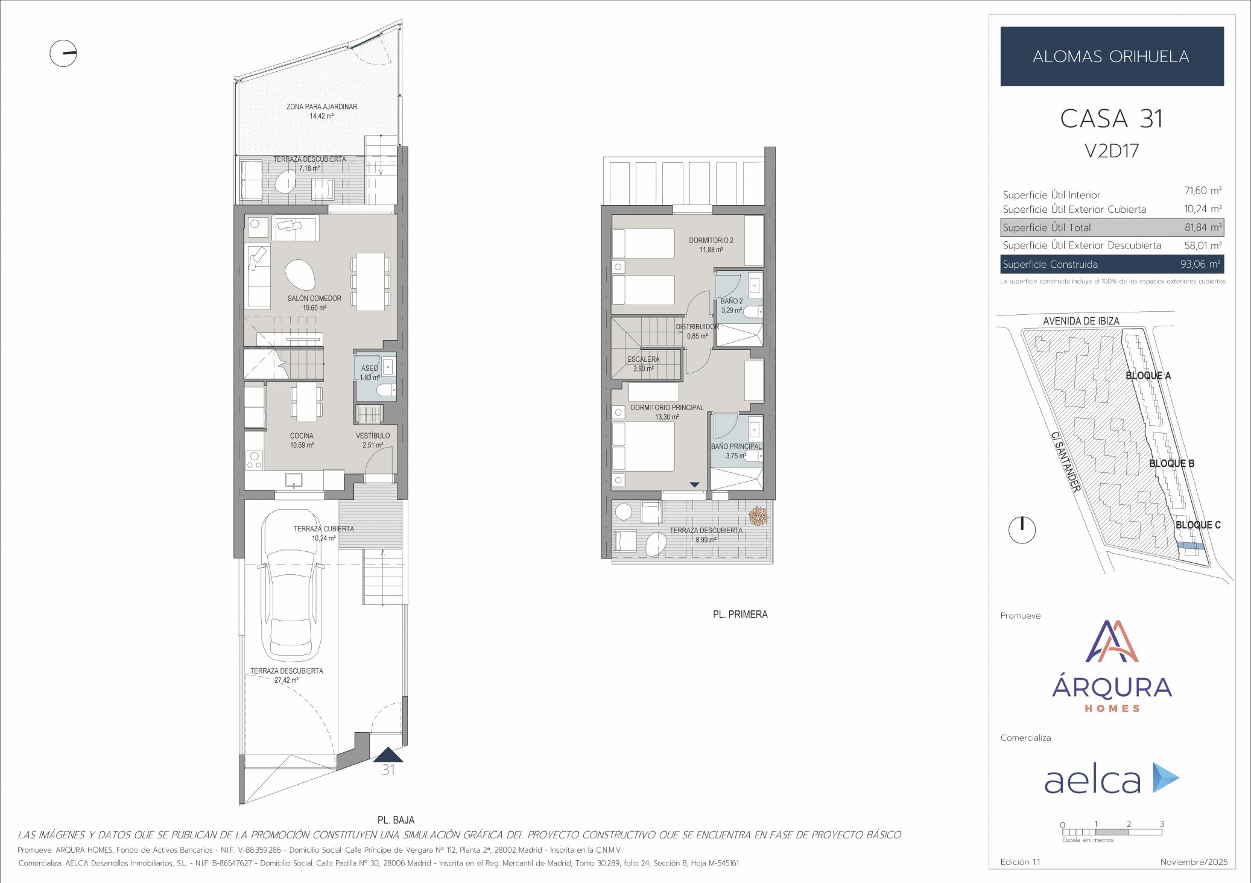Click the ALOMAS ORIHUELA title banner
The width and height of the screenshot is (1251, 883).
[x=1112, y=56]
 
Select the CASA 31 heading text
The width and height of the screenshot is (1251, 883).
[x=1111, y=119]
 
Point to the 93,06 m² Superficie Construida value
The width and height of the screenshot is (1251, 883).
[x=1200, y=264]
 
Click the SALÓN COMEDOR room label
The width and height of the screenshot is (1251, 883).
[x=314, y=299]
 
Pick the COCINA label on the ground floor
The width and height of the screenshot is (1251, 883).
[x=302, y=435]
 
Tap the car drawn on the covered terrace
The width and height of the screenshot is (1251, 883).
[x=291, y=585]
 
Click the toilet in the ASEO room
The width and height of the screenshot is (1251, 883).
[x=385, y=391]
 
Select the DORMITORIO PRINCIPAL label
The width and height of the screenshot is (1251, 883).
[x=667, y=408]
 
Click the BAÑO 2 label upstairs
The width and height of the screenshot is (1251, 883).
[x=732, y=301]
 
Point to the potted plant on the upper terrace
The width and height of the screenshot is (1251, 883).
[x=758, y=516]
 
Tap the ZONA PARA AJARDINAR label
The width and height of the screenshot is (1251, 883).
[x=321, y=107]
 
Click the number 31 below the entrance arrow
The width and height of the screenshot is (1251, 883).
[x=388, y=770]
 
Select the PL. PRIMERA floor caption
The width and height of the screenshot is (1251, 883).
[x=740, y=615]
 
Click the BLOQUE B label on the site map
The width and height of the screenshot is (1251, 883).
[x=1171, y=463]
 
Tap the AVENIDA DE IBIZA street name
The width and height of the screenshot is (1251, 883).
[x=1081, y=321]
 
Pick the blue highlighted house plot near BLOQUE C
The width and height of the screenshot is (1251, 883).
[x=1190, y=546]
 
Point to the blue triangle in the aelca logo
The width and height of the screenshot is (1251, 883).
[x=1165, y=777]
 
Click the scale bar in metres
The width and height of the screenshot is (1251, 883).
[x=1112, y=832]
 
